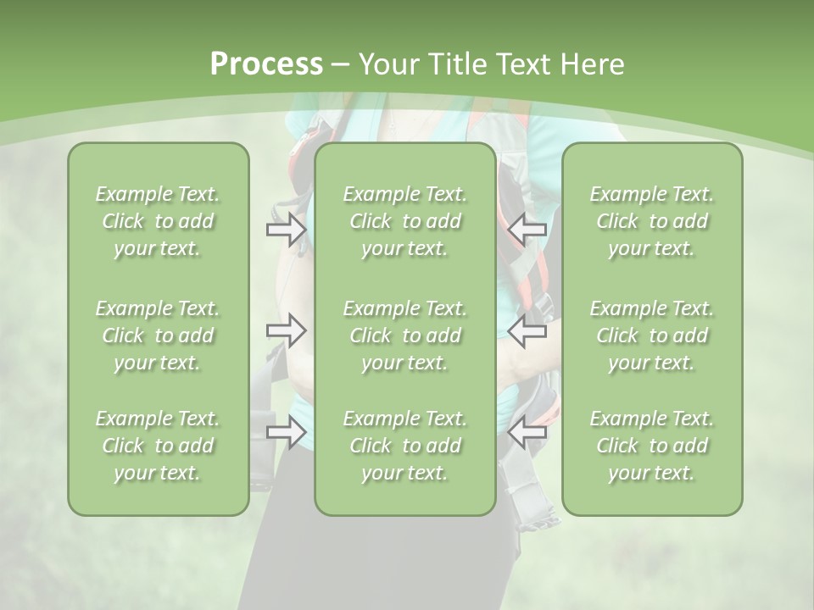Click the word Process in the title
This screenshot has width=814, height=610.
pos(266,64)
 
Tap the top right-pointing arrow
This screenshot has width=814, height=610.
pos(287,229)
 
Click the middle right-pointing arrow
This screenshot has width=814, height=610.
pos(287,330)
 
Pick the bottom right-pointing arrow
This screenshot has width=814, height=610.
pos(287,432)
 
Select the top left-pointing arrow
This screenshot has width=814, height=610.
pos(527,229)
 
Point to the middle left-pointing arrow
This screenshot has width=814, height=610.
pos(527,330)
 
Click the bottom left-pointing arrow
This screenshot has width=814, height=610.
pos(527,432)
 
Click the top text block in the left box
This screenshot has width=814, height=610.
pos(158,221)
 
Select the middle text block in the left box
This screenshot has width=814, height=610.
pos(158,335)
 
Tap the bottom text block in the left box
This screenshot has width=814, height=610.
pos(158,446)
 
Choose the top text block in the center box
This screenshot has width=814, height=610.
pos(404,221)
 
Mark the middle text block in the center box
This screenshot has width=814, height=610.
pos(404,335)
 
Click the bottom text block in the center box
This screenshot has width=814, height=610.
pos(404,446)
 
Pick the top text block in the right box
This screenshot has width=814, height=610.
pos(651,221)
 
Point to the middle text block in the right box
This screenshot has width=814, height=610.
pos(651,335)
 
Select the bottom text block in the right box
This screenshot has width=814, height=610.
pos(651,446)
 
